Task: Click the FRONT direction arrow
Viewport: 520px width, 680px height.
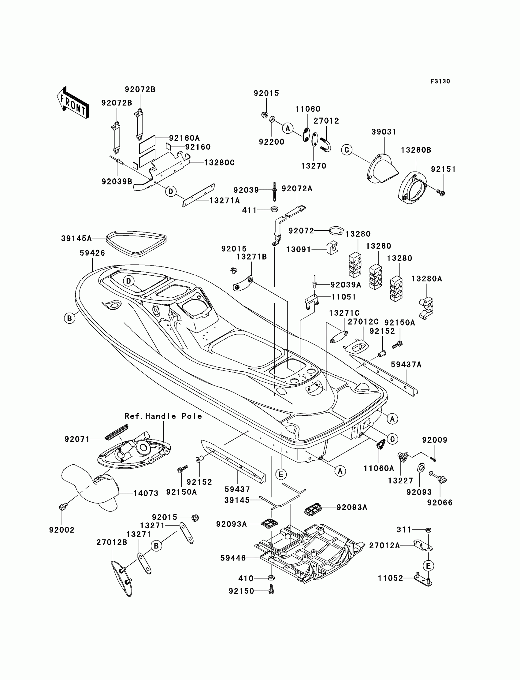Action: [x=73, y=103]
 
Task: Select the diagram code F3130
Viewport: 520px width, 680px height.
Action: [x=440, y=81]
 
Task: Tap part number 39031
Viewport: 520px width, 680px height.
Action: [x=384, y=132]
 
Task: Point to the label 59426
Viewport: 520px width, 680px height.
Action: [x=92, y=253]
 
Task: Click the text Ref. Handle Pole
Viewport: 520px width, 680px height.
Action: [x=163, y=416]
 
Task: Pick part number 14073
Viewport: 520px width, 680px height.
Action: [x=146, y=493]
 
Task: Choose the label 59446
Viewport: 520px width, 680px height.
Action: [x=233, y=558]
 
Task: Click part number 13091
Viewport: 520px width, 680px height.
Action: [x=298, y=250]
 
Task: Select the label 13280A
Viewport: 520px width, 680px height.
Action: [x=426, y=279]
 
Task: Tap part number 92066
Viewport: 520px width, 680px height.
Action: [x=440, y=503]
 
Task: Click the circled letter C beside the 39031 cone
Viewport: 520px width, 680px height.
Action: [x=347, y=150]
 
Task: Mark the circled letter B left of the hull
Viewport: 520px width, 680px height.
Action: [x=70, y=318]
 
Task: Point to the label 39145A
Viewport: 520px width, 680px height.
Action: [x=76, y=238]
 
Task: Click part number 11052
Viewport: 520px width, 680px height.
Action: [x=391, y=578]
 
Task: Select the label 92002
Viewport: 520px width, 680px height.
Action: [x=62, y=530]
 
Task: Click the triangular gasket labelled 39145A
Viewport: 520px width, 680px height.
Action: [x=136, y=243]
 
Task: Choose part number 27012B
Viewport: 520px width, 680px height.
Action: [x=112, y=543]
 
